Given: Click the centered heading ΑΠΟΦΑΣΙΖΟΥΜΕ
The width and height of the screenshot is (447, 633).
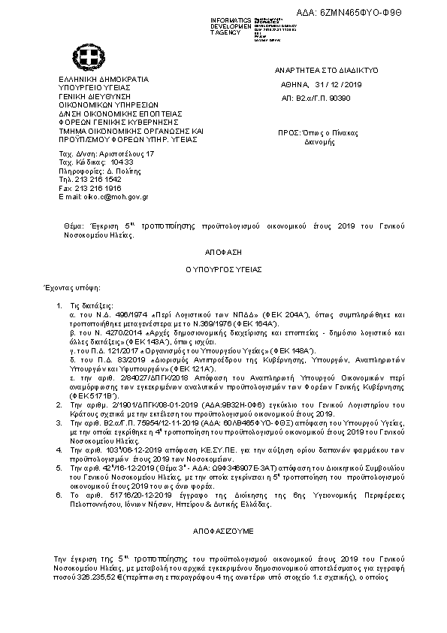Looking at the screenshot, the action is (223, 531).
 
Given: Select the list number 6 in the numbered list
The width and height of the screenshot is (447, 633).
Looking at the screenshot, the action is (59, 497).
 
